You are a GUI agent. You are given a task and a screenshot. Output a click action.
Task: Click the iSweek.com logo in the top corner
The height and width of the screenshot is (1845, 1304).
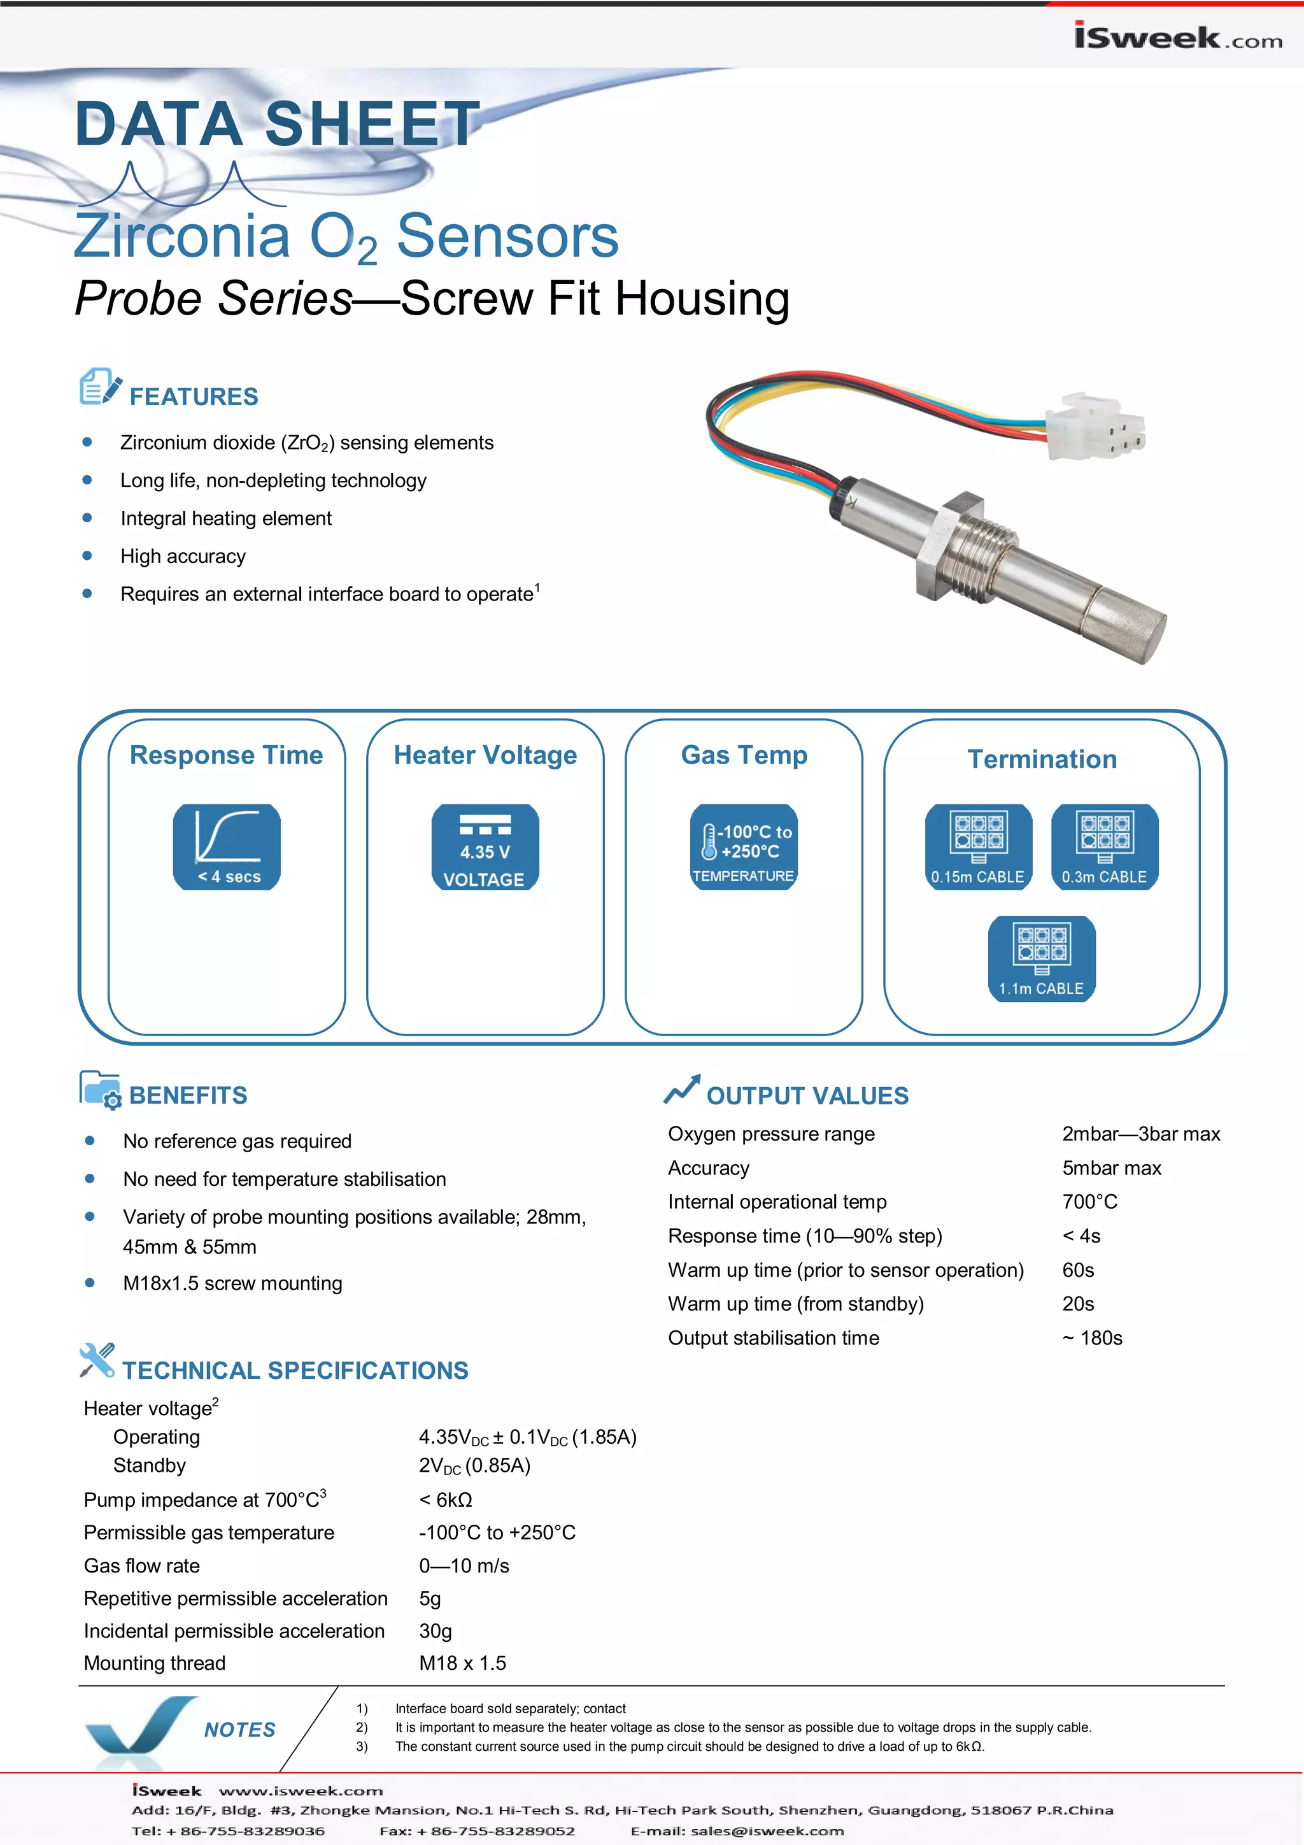coord(1177,37)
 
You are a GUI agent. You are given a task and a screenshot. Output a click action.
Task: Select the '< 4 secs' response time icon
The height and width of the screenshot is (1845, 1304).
coord(227,846)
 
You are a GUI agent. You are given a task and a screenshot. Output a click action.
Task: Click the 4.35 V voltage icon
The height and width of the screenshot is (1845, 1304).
coord(485,846)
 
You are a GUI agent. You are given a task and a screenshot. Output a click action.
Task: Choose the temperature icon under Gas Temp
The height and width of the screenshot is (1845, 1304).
coord(743,846)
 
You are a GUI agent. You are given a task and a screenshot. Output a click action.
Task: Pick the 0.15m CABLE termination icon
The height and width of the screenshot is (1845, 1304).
coord(978,846)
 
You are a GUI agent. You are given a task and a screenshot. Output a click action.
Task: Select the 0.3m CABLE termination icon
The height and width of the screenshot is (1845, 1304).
coord(1104,846)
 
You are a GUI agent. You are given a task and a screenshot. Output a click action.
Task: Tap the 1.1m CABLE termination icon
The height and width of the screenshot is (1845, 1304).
coord(1041,958)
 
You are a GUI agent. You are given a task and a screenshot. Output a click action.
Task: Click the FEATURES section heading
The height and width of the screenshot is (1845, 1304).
coord(194,396)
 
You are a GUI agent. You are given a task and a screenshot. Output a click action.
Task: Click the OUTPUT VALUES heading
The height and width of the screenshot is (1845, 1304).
coord(807,1095)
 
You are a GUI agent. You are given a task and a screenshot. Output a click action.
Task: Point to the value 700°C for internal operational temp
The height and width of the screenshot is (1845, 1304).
coord(1089,1201)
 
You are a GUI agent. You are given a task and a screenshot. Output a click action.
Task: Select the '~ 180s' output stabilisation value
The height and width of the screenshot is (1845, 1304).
coord(1092,1338)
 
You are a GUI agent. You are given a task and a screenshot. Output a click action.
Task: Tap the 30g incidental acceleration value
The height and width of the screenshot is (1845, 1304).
coord(435,1630)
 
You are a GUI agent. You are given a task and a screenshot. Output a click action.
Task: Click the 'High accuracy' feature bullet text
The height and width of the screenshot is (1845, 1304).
coord(183,556)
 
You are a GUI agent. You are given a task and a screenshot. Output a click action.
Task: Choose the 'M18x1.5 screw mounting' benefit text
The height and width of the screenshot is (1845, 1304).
coord(232,1283)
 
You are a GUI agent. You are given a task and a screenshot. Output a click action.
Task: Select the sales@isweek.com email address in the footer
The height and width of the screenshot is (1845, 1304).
coord(767,1830)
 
